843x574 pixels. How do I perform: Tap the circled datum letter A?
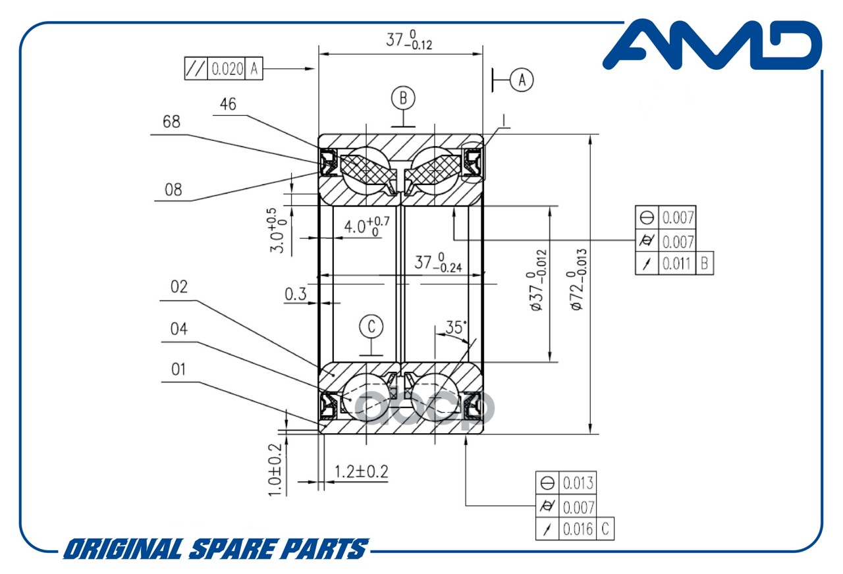click(x=522, y=80)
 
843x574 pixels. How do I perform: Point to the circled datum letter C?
click(x=372, y=325)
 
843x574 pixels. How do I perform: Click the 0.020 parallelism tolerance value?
click(x=228, y=69)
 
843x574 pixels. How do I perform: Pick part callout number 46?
click(x=228, y=105)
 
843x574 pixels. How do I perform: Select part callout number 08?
click(x=173, y=190)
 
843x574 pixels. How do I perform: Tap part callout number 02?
click(x=179, y=288)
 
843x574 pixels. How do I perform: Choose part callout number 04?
click(x=178, y=328)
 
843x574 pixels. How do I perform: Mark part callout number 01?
click(x=178, y=369)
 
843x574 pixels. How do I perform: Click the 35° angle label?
click(x=456, y=327)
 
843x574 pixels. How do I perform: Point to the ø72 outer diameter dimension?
click(x=578, y=280)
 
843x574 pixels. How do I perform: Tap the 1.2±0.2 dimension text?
click(x=362, y=471)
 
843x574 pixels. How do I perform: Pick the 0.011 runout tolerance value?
click(x=676, y=264)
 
